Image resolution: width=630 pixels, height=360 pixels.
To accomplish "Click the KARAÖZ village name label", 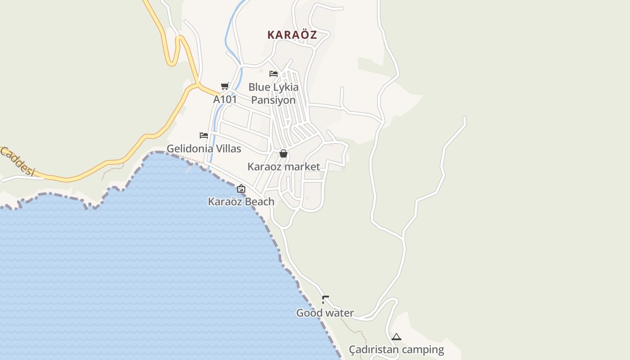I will pos(292,35).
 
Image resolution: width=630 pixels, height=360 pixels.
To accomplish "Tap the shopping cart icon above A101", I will pos(225,86).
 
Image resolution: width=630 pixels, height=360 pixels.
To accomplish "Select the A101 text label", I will pos(225,99).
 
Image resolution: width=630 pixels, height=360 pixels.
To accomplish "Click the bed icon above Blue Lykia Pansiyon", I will pos(274,74).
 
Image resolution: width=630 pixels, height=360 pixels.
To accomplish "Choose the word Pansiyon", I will pos(273,100).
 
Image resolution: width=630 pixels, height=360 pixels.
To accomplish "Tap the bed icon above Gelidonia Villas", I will pos(204,135).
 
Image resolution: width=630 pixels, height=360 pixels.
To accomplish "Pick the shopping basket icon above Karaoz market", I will pos(283,153).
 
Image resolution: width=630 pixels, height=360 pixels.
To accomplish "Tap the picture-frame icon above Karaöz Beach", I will pos(241,189).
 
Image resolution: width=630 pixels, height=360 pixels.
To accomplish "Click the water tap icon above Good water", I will pos(325,299).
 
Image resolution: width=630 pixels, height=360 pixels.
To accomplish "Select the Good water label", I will pos(325,313).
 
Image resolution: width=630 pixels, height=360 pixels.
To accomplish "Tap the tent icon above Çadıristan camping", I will pos(396,337).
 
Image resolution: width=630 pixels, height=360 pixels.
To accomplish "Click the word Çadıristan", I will pos(374,350).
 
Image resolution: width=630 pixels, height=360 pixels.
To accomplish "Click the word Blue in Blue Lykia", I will pos(259,87).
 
